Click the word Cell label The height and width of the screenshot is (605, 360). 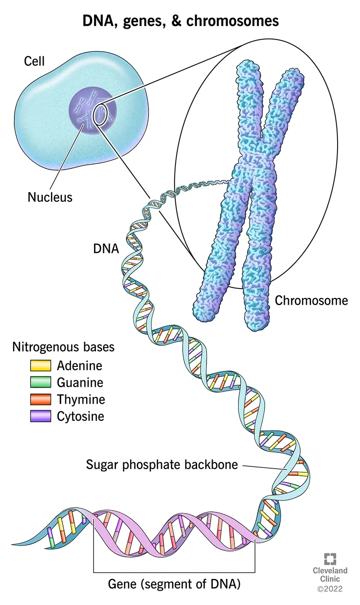coord(34,61)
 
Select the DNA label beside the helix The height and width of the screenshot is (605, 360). coord(106,248)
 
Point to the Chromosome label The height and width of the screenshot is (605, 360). coord(311,300)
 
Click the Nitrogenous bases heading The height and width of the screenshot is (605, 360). coord(63,348)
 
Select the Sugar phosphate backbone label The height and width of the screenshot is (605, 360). coord(162,464)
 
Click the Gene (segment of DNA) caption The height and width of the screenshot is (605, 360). coord(175,584)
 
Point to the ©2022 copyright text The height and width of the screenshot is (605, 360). coord(330,589)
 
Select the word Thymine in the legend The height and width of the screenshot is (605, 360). coord(81,399)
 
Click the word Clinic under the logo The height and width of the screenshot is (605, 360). coord(330,579)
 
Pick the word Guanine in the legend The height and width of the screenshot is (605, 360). coord(80,383)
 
